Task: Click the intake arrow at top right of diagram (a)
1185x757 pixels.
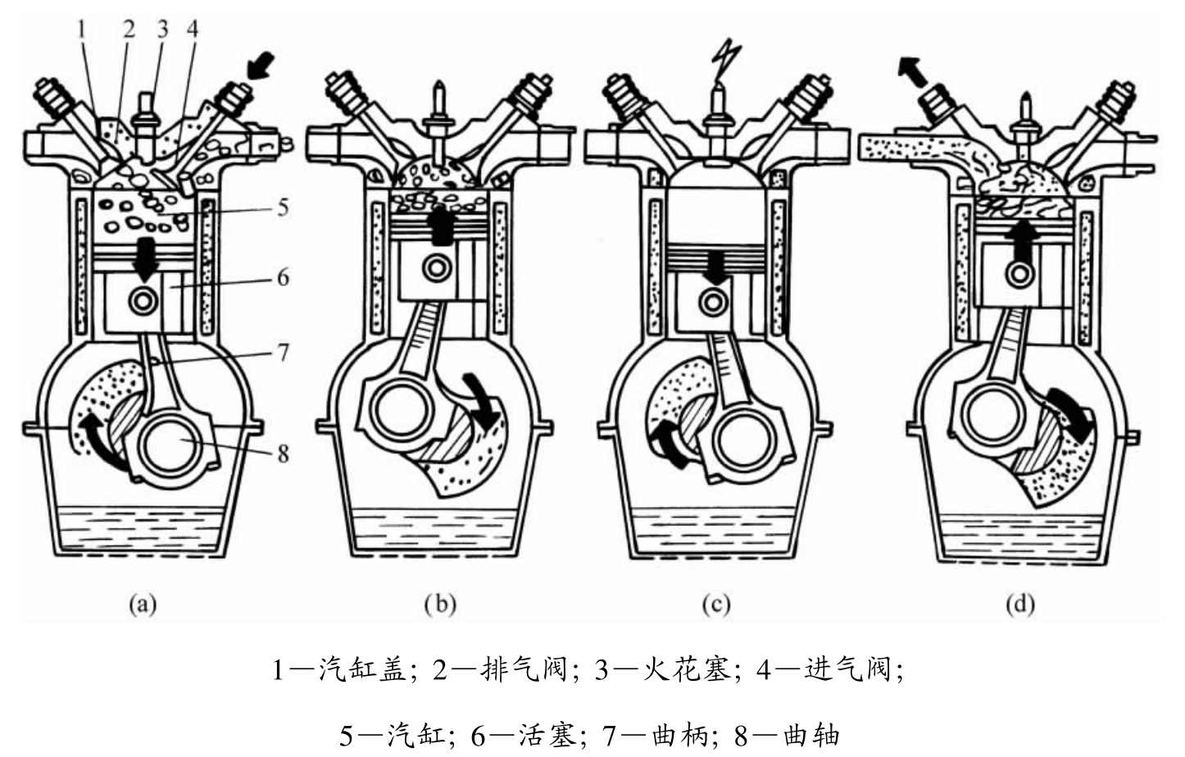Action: (x=261, y=66)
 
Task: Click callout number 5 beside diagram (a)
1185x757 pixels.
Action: (x=284, y=208)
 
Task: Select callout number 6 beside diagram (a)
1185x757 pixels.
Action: (x=284, y=277)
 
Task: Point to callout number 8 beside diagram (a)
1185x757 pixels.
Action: (x=284, y=454)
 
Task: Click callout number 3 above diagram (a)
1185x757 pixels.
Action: (x=162, y=29)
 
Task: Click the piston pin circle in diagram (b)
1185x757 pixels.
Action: (x=437, y=268)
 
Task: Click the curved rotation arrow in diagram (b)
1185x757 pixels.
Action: (x=483, y=400)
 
